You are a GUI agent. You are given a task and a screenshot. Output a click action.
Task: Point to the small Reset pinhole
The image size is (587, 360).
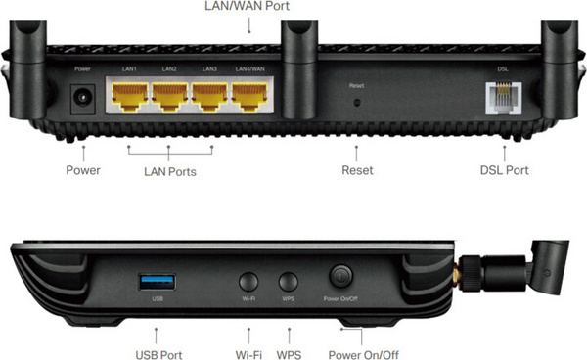pyautogui.click(x=356, y=101)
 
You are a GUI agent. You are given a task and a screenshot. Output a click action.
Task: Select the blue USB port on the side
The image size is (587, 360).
pyautogui.click(x=158, y=283)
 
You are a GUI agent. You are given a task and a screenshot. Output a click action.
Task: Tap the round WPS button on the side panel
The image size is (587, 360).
pyautogui.click(x=289, y=280)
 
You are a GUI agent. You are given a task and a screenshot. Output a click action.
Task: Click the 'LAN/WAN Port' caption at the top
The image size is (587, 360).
pyautogui.click(x=249, y=7)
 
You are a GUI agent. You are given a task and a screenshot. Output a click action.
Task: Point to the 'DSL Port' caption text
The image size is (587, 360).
pyautogui.click(x=504, y=170)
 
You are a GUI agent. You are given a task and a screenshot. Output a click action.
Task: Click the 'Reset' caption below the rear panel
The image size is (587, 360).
pyautogui.click(x=357, y=170)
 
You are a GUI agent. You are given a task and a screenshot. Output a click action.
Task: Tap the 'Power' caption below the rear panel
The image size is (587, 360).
pyautogui.click(x=83, y=170)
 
